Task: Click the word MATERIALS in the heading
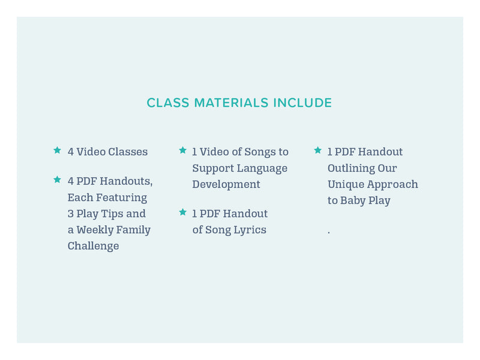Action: pyautogui.click(x=231, y=103)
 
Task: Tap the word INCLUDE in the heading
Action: pyautogui.click(x=302, y=103)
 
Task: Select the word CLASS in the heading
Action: pyautogui.click(x=168, y=103)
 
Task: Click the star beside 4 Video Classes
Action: pyautogui.click(x=57, y=150)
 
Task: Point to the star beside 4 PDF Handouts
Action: pyautogui.click(x=57, y=179)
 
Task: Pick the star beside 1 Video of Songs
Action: pyautogui.click(x=183, y=150)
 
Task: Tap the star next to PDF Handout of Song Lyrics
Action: pyautogui.click(x=183, y=212)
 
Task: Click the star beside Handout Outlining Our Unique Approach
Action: pyautogui.click(x=318, y=150)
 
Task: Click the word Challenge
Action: pyautogui.click(x=94, y=246)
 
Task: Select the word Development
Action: pyautogui.click(x=226, y=184)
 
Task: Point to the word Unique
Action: pyautogui.click(x=346, y=184)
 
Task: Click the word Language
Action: pyautogui.click(x=262, y=169)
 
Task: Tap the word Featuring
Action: pyautogui.click(x=122, y=198)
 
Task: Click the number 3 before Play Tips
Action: pyautogui.click(x=71, y=214)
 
